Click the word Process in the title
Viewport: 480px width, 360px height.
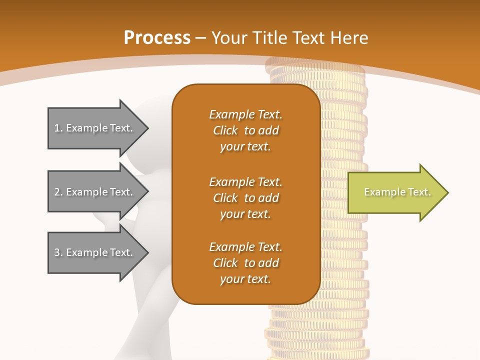pos(157,38)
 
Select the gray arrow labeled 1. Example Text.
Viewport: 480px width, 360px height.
pos(95,128)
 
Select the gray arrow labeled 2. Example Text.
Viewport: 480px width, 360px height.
pos(95,192)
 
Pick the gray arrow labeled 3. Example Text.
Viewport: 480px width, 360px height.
pos(95,252)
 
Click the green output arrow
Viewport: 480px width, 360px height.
pos(395,192)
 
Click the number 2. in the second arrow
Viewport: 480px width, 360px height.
pos(58,192)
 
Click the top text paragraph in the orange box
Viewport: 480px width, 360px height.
pos(245,130)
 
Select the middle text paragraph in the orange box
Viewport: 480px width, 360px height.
pos(245,198)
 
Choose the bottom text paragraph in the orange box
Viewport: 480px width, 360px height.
pos(245,263)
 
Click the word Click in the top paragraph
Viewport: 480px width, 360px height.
pos(225,130)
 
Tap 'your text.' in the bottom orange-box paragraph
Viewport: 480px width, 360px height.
pos(245,279)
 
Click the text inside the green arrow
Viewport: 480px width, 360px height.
pos(397,192)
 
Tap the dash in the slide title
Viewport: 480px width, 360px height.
pos(201,38)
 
